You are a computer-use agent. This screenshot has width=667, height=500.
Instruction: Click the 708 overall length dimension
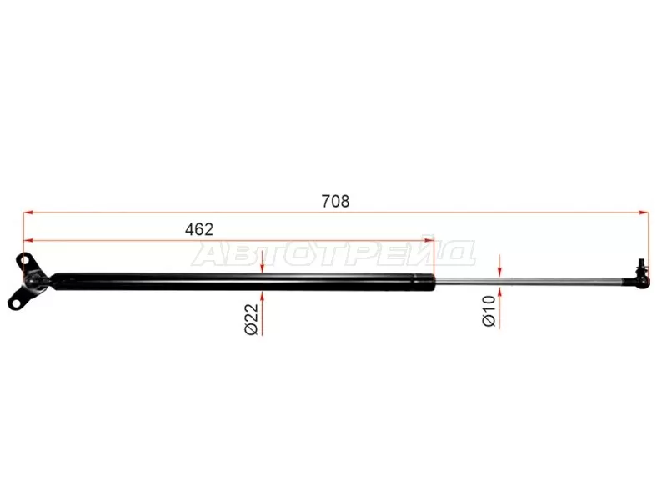coord(336,201)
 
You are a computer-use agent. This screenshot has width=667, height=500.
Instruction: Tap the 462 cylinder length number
coord(199,230)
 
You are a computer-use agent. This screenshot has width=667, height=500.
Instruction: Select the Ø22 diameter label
coord(252,319)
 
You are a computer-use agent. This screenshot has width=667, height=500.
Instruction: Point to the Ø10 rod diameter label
coord(489,311)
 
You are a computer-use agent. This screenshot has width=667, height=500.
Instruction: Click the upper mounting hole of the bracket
coord(24,259)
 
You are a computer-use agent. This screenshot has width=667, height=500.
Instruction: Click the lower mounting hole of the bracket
coord(16,304)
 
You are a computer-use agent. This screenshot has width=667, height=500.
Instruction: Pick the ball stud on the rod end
coord(641,267)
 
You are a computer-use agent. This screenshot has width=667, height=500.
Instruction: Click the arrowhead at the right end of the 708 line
coord(644,212)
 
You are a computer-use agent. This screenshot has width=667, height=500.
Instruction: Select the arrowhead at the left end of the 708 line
coord(28,212)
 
